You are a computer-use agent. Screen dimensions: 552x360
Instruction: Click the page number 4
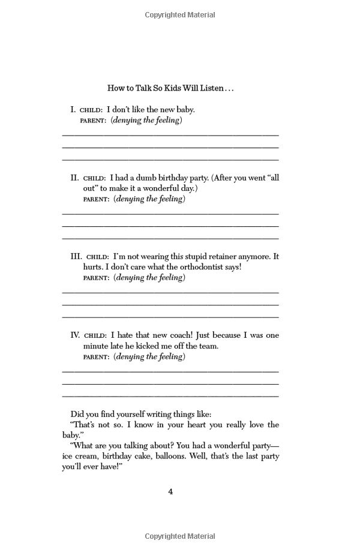[170, 492]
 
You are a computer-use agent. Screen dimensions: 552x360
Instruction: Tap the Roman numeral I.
[73, 110]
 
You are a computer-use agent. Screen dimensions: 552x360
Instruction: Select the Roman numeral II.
[74, 178]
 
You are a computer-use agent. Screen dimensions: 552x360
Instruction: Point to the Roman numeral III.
[76, 256]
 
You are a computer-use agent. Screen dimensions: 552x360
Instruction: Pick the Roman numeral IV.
[75, 335]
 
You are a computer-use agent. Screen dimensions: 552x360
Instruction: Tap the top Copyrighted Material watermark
[180, 15]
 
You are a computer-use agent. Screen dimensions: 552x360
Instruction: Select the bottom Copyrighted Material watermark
[180, 536]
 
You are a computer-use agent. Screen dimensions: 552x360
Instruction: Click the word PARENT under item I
[94, 121]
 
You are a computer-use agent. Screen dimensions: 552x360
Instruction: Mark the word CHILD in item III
[97, 257]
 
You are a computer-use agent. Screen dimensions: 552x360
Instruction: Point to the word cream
[85, 456]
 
